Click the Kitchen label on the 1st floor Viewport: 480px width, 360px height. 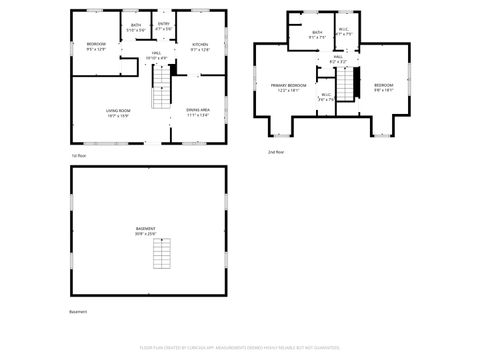tap(200, 46)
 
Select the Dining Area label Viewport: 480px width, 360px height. tap(197, 112)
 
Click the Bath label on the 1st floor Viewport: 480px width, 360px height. tap(135, 26)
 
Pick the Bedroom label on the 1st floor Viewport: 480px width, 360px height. tap(96, 46)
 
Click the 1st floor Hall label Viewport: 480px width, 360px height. tap(157, 56)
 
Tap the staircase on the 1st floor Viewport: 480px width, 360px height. tap(160, 99)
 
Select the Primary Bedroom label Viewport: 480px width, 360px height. tap(289, 88)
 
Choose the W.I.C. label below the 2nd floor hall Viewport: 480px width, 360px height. tap(326, 97)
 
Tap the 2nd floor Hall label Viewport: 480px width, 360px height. tap(338, 59)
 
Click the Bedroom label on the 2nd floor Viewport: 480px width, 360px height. tap(384, 88)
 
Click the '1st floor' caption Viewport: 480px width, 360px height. tap(79, 155)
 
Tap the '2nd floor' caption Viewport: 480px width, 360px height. tap(275, 152)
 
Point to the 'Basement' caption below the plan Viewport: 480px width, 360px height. tap(78, 312)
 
